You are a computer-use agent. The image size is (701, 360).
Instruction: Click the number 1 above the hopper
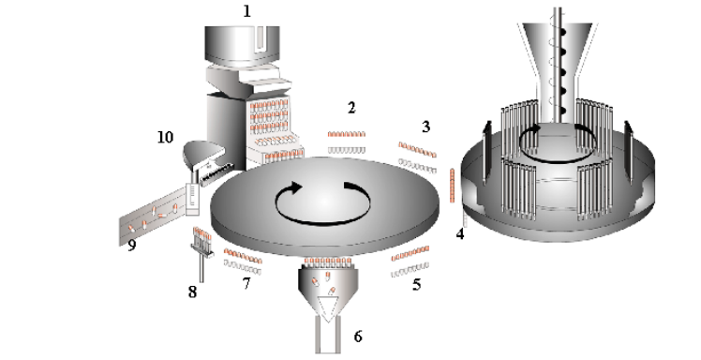tap(247, 13)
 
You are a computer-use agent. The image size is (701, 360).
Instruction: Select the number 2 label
tap(350, 108)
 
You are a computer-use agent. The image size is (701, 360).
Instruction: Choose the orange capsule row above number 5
tap(411, 252)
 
